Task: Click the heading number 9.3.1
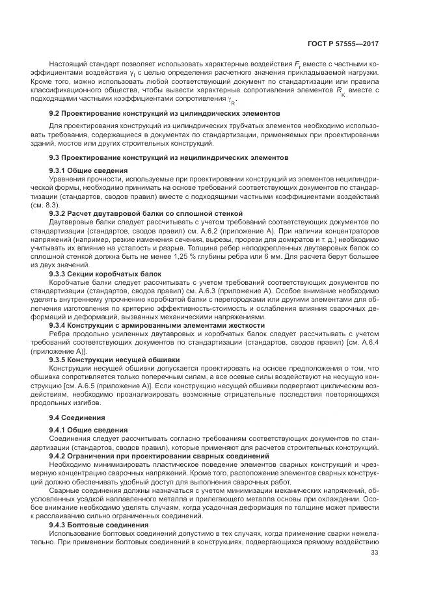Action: tap(59, 170)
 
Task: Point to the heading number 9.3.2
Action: tap(59, 213)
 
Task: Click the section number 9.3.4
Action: tap(59, 324)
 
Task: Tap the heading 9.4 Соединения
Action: tap(77, 417)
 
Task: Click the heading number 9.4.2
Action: tap(59, 456)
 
